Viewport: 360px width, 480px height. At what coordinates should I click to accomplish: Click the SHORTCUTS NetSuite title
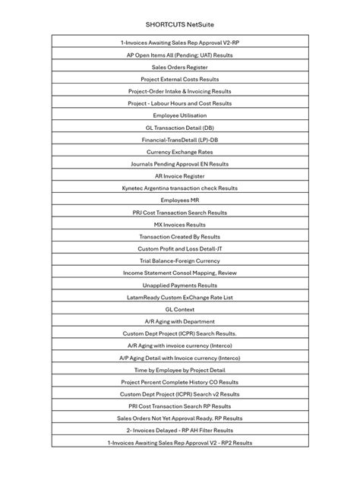(x=179, y=24)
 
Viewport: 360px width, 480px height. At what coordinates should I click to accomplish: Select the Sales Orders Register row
(x=180, y=67)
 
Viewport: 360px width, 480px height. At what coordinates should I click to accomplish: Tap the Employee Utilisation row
(x=180, y=115)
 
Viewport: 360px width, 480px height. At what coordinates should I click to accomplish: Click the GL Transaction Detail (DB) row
(x=180, y=128)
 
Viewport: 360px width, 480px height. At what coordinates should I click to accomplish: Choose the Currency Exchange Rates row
(x=180, y=152)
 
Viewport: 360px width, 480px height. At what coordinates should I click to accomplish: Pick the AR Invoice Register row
(x=180, y=176)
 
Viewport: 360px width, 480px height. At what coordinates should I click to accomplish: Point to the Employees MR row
(x=180, y=201)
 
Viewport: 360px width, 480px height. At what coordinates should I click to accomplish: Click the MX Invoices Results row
(x=180, y=225)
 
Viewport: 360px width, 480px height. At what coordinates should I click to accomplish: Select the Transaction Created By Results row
(x=180, y=237)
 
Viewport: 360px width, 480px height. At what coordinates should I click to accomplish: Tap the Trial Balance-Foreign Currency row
(x=180, y=261)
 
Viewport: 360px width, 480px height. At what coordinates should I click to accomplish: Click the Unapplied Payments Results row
(x=180, y=285)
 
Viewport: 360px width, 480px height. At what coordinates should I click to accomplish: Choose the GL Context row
(x=180, y=309)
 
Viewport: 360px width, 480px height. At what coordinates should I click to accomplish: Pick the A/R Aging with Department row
(x=180, y=321)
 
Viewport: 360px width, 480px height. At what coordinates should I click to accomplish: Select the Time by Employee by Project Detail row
(x=180, y=370)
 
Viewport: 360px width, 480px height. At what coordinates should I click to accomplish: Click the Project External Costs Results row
(x=180, y=79)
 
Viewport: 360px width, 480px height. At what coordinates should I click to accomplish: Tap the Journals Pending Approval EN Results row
(x=180, y=164)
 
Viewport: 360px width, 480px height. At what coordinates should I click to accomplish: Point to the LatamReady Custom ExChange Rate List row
(x=180, y=297)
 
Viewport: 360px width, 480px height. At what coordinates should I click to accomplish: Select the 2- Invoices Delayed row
(x=180, y=430)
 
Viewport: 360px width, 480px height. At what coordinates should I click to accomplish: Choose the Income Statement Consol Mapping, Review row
(x=180, y=273)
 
